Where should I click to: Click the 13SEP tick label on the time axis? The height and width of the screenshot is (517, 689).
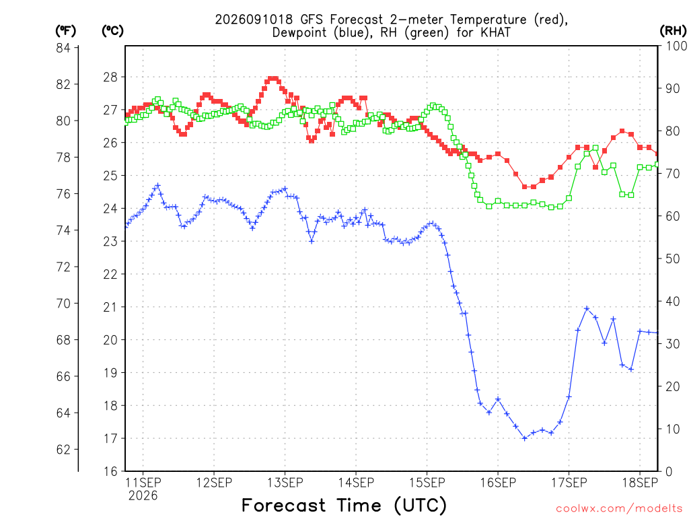tap(285, 483)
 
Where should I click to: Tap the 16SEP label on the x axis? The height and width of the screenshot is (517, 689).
tap(498, 483)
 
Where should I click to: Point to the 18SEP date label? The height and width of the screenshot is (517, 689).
tap(640, 483)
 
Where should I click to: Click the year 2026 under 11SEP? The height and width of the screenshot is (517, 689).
tap(143, 496)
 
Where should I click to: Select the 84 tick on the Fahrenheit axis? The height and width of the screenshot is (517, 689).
tap(63, 48)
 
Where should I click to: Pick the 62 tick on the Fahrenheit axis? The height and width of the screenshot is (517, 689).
tap(63, 449)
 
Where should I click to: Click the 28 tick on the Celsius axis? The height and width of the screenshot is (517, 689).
tap(110, 77)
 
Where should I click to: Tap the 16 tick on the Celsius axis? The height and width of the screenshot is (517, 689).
tap(110, 471)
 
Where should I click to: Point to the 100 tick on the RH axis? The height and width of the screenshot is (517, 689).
tap(676, 46)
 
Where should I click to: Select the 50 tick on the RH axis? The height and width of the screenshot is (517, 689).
tap(673, 258)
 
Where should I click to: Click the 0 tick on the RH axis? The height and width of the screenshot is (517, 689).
tap(669, 471)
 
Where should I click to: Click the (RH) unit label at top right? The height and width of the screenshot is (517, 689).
tap(673, 31)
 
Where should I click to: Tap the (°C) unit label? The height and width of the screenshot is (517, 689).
tap(112, 31)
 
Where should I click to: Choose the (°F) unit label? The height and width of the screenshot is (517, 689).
tap(65, 31)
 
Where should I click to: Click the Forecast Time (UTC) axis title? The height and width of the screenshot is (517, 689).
tap(344, 506)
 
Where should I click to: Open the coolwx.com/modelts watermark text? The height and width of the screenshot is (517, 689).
tap(620, 509)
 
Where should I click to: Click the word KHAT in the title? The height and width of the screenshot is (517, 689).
tap(496, 32)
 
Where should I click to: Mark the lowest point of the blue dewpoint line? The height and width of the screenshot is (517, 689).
tap(524, 438)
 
